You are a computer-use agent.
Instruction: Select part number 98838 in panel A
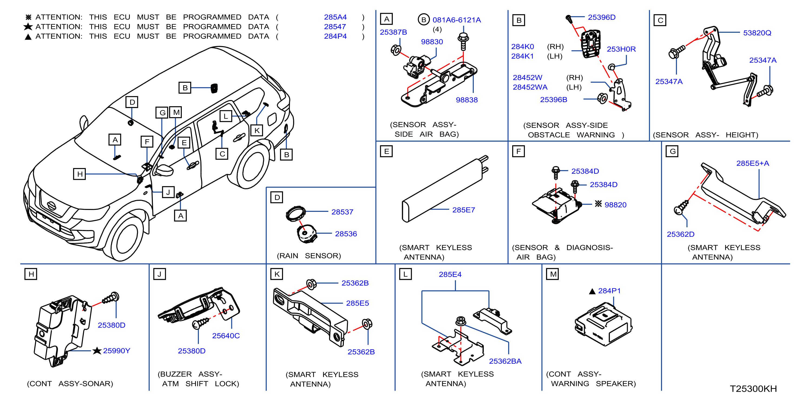466,100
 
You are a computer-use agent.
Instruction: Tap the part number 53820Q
757,33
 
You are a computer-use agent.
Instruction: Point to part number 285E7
463,210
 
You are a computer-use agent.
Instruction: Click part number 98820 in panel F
615,205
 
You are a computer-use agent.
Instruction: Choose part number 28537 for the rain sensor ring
342,212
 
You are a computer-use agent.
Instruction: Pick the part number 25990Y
116,351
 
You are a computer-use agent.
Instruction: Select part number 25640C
226,336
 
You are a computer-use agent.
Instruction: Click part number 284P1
609,291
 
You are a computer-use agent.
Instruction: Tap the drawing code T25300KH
753,388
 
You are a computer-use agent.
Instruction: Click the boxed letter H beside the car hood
80,174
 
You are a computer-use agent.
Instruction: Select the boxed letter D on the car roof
132,102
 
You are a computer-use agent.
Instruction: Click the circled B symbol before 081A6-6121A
424,20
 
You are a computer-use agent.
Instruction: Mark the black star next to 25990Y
97,351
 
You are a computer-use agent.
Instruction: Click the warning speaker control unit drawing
603,324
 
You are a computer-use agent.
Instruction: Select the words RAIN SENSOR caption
309,256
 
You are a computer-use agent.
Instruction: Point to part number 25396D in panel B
601,17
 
